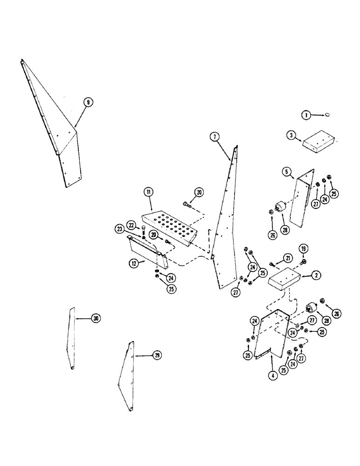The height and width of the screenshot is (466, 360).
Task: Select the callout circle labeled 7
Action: point(214,137)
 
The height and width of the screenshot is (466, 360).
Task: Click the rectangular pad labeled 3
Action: point(318,141)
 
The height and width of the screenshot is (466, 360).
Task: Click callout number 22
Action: point(132,225)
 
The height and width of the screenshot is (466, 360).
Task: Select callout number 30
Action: point(96,319)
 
